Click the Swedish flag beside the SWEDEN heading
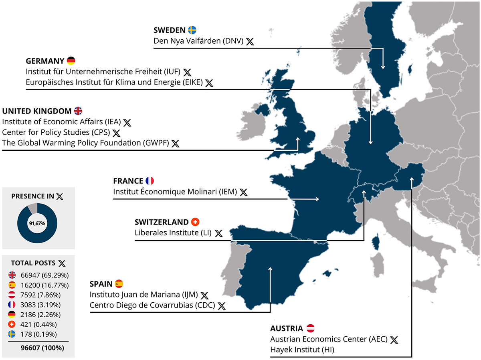click(192, 30)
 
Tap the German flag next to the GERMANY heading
click(71, 61)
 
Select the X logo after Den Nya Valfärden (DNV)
click(250, 41)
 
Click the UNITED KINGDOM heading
click(37, 111)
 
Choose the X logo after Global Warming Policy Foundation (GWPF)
click(175, 143)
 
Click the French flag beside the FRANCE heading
click(150, 181)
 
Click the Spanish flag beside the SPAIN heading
click(119, 284)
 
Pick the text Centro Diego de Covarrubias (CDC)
click(152, 305)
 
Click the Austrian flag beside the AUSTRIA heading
click(311, 328)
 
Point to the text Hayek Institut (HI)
click(302, 350)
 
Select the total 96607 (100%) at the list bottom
click(42, 348)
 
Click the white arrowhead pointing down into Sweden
click(383, 67)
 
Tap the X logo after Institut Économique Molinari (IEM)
click(243, 192)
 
